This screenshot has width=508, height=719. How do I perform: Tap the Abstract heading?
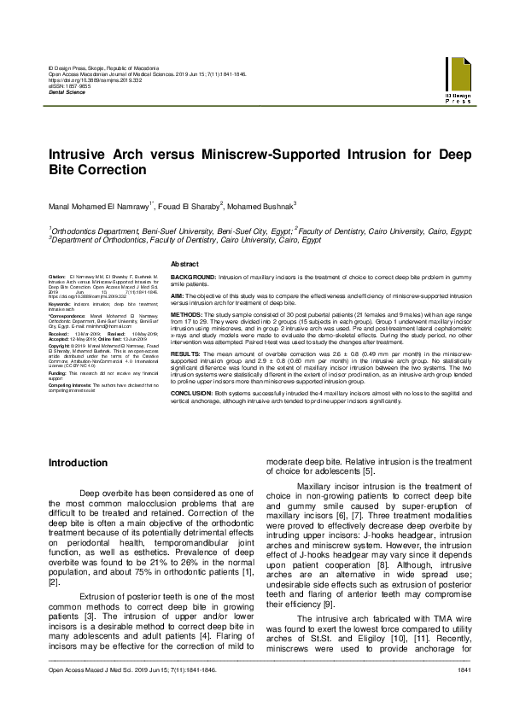tap(185, 265)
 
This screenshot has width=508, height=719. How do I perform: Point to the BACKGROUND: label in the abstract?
tap(194, 278)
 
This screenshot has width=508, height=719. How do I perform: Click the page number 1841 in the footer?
tap(464, 694)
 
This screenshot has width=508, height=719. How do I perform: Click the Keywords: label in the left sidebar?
tap(60, 303)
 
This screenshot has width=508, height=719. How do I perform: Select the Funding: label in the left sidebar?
tap(57, 373)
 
